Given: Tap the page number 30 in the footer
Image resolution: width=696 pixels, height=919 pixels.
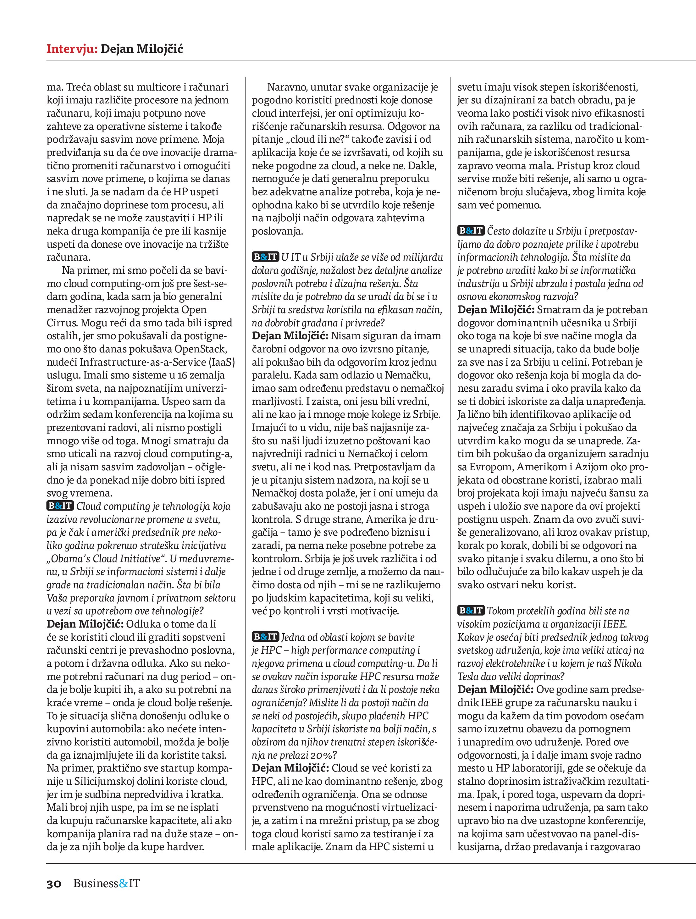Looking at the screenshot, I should click(x=54, y=883).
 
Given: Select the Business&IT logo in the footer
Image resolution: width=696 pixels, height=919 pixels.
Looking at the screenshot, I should click(x=106, y=883).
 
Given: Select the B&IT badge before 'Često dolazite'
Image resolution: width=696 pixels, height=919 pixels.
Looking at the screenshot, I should click(x=471, y=230).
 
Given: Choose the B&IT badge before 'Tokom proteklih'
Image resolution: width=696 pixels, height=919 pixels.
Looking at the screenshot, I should click(x=471, y=611).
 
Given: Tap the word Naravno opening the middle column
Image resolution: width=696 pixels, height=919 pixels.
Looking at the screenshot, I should click(x=287, y=87).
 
